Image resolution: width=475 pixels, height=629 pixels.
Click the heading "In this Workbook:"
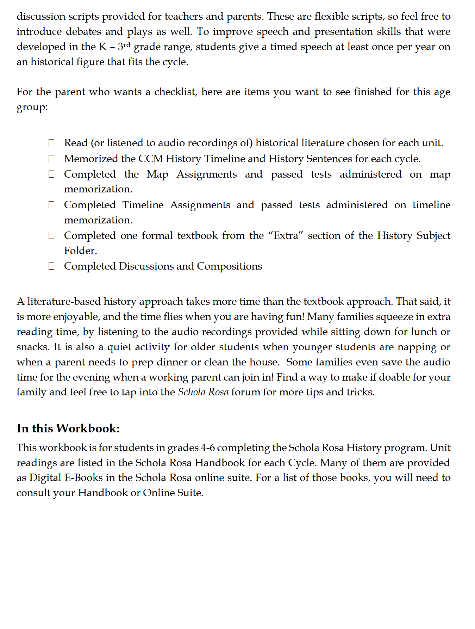(x=68, y=428)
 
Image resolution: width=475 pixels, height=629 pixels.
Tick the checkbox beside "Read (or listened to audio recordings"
(x=51, y=143)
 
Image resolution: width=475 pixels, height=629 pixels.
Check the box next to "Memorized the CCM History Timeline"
(x=51, y=159)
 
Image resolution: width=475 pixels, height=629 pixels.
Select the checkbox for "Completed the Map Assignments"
(x=51, y=174)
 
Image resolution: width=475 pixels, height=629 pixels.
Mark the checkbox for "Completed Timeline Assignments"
(x=51, y=205)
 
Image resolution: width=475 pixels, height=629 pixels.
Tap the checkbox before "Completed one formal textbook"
(x=51, y=235)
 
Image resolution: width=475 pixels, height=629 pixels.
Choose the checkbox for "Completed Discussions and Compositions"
(x=51, y=266)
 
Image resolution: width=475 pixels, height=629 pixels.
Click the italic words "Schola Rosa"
(x=203, y=392)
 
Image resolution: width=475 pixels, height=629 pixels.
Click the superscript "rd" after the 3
(x=127, y=44)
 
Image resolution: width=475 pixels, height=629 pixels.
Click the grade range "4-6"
(x=208, y=448)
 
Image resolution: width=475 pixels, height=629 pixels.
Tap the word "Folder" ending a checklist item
(x=80, y=251)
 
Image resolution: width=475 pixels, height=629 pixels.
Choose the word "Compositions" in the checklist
(x=229, y=266)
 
